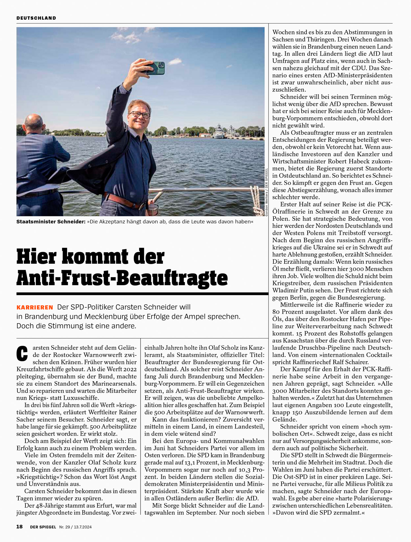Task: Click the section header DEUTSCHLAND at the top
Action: click(36, 18)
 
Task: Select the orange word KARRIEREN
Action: click(35, 307)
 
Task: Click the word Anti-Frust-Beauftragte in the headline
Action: click(122, 278)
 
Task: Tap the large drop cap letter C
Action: click(22, 353)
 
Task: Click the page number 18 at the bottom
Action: click(20, 527)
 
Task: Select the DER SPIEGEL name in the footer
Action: click(43, 527)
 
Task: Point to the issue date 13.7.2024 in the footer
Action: click(83, 527)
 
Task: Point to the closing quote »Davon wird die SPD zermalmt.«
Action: click(318, 512)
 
